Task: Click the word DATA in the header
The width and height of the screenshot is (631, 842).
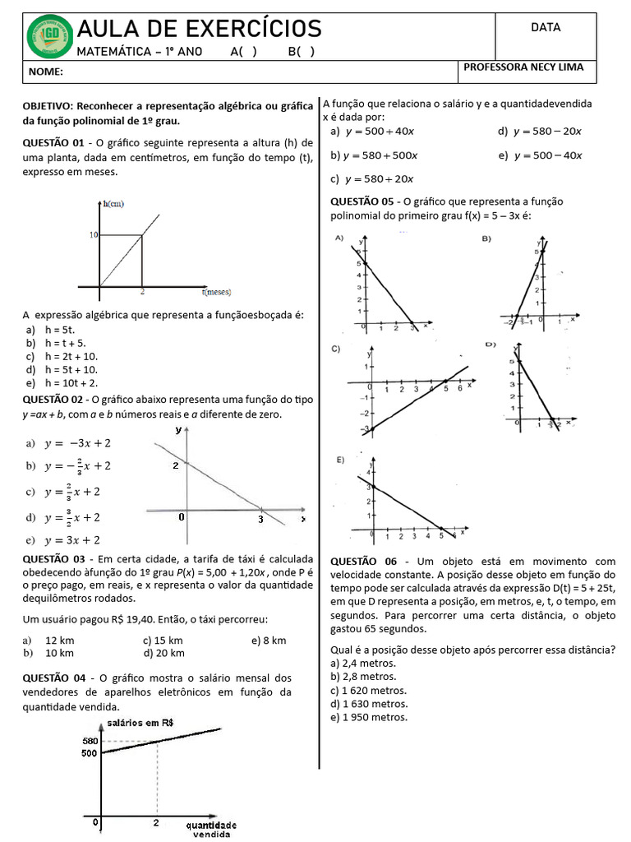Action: [546, 27]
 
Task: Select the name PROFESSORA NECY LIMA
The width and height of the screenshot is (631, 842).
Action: [523, 67]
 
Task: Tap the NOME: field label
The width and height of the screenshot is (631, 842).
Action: [46, 72]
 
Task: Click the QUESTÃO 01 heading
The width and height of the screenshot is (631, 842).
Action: [54, 142]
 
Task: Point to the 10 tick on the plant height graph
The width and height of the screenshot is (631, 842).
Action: [94, 235]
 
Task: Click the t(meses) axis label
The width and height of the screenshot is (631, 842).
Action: [216, 291]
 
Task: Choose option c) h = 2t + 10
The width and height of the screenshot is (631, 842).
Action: [62, 356]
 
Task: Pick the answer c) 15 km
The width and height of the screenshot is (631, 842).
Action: [162, 640]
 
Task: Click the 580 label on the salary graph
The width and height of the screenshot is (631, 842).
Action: [90, 741]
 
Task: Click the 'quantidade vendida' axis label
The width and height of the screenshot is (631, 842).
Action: [211, 829]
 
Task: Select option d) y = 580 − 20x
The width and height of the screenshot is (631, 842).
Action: [540, 131]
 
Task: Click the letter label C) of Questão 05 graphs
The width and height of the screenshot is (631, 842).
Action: [336, 349]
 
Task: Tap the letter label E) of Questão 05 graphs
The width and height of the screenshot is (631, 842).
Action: [339, 460]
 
